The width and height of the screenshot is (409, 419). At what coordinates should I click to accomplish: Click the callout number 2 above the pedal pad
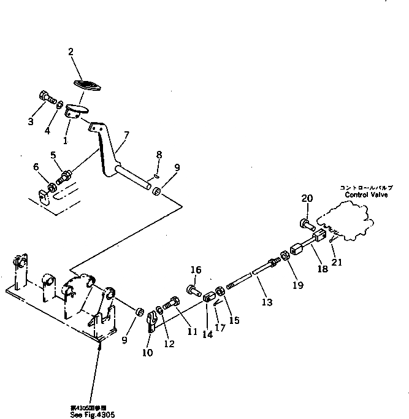(x=71, y=52)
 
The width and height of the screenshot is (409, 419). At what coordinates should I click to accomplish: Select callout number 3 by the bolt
(x=31, y=121)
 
